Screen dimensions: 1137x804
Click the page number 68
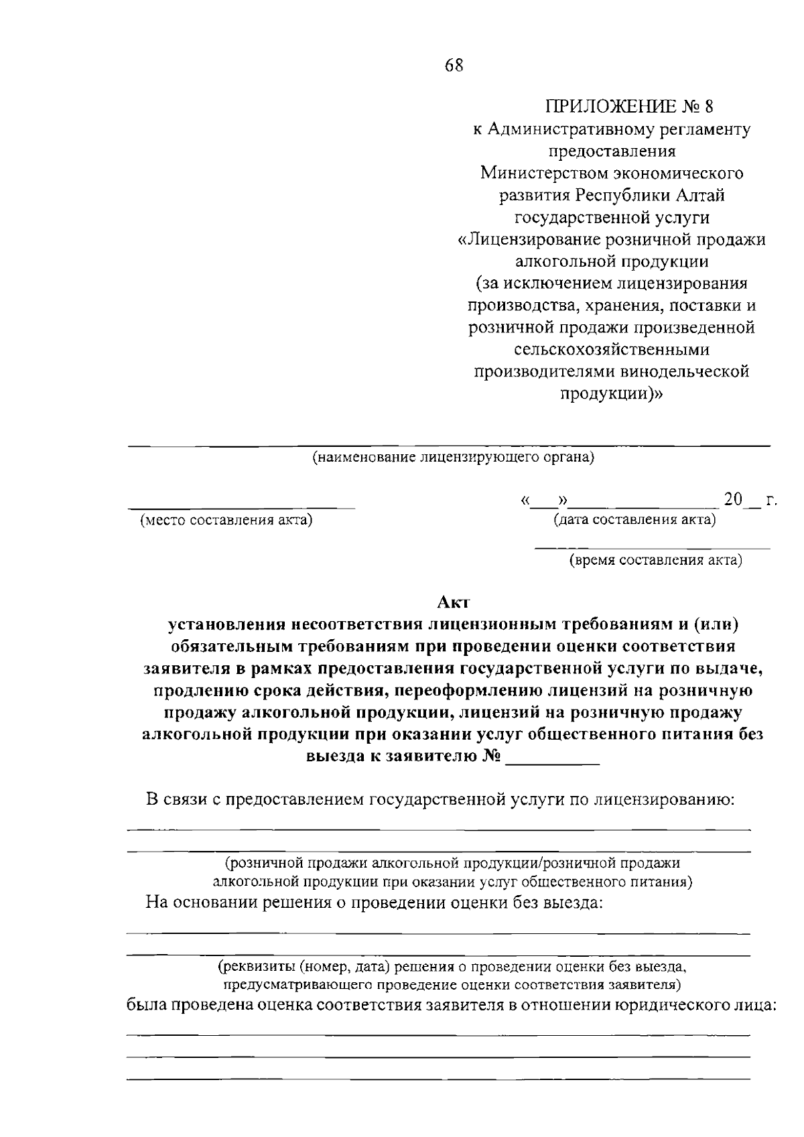click(454, 66)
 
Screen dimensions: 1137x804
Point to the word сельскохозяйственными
click(612, 349)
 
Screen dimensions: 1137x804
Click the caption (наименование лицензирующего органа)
click(454, 458)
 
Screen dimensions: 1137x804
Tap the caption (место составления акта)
click(226, 521)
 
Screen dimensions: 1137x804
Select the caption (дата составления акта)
click(634, 520)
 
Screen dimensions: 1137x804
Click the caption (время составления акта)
click(655, 560)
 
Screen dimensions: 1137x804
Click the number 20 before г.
click(733, 500)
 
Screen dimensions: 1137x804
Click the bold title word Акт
click(454, 602)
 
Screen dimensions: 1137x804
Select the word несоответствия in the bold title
click(347, 624)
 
